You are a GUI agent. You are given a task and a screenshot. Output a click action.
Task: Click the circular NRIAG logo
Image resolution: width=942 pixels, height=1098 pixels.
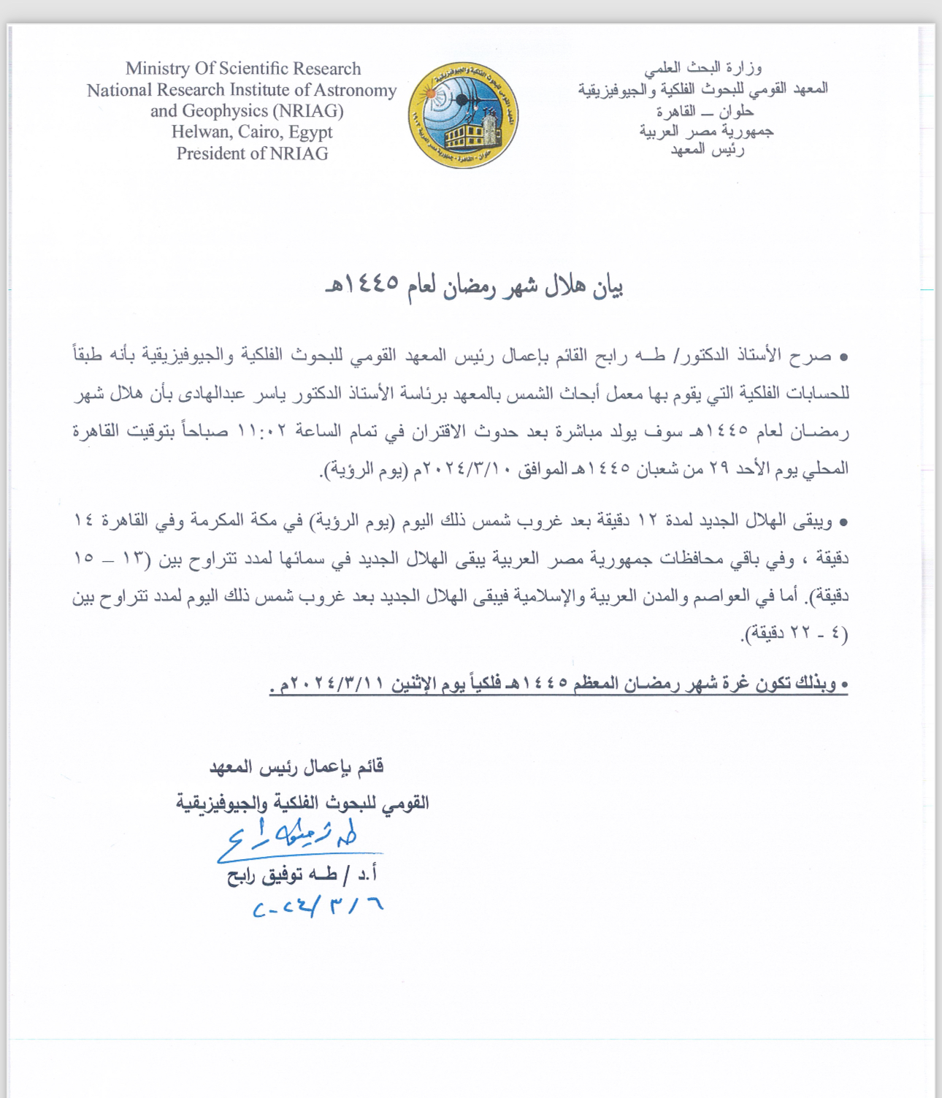[463, 115]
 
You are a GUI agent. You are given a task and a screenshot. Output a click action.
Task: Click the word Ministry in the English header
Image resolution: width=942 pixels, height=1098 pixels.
[157, 69]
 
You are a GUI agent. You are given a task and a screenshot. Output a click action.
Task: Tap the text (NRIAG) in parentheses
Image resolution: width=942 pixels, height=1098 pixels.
[307, 111]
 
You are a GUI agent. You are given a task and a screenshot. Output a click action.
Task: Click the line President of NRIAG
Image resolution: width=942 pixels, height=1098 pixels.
[252, 153]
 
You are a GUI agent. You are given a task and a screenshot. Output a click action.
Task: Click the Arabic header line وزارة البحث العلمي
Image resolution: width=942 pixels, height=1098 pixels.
[702, 68]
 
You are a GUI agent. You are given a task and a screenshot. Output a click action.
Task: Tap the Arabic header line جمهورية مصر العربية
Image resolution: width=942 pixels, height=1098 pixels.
[705, 131]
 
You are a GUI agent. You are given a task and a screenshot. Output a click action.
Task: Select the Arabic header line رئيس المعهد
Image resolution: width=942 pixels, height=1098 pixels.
[707, 150]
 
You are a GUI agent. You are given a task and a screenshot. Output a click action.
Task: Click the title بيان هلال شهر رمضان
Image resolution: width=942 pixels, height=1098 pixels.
[475, 286]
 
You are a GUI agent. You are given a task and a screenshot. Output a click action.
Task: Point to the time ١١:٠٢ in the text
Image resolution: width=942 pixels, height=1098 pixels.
[262, 430]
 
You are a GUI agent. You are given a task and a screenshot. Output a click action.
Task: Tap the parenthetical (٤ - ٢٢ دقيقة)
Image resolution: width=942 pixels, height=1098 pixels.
[794, 633]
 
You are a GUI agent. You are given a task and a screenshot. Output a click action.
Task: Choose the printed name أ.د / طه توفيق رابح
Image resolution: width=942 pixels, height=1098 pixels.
[302, 874]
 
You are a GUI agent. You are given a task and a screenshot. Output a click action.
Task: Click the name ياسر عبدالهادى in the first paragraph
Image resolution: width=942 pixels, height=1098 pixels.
[215, 394]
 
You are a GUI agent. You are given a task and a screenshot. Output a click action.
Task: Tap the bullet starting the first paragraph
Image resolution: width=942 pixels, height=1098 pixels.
[843, 357]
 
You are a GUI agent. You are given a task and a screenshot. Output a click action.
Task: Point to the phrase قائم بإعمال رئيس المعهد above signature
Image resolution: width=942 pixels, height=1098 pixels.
[296, 766]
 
